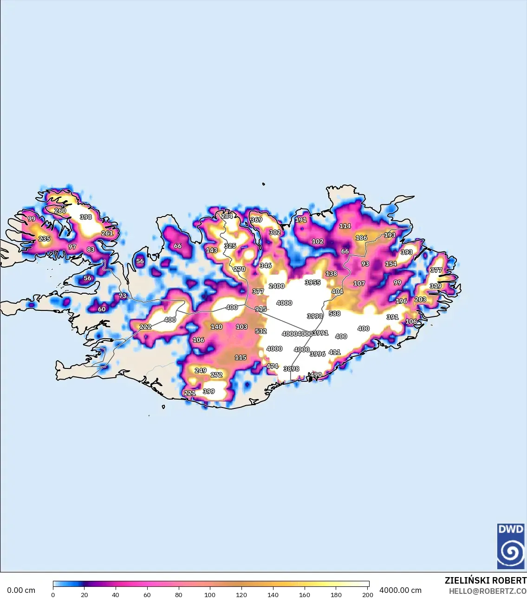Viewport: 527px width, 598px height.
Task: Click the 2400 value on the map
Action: (276, 286)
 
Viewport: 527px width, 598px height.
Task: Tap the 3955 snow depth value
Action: (312, 283)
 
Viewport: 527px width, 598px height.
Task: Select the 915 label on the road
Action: (260, 309)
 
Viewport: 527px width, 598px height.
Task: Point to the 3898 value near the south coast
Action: (291, 369)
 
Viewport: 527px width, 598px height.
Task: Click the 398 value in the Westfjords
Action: (86, 217)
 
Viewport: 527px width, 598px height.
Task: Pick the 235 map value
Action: (44, 239)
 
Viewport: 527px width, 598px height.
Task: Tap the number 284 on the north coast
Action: (227, 216)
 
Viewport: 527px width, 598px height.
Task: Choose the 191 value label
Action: (301, 220)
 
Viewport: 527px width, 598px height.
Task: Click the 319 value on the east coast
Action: (435, 286)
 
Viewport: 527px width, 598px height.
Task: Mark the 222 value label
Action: (145, 327)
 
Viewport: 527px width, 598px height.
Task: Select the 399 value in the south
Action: (209, 391)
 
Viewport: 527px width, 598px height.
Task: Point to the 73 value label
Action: (123, 296)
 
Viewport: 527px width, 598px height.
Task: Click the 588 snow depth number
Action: (334, 314)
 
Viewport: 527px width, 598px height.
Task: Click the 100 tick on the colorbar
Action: (210, 594)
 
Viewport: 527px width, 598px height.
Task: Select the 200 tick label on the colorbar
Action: (367, 594)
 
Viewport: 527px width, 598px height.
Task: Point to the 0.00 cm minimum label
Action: (21, 590)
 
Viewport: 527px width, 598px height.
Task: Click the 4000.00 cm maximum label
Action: (400, 590)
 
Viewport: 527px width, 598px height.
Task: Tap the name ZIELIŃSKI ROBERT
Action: (485, 580)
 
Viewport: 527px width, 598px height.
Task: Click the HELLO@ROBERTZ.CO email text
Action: (488, 591)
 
